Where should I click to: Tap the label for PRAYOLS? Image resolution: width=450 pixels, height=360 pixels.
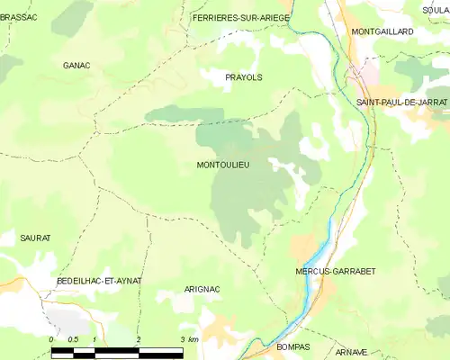[x=243, y=78]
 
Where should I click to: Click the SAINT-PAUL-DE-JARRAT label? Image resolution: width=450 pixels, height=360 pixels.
[x=401, y=103]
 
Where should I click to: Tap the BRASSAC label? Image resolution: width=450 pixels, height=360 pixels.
[x=18, y=17]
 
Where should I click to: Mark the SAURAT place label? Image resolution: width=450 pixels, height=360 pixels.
[x=35, y=238]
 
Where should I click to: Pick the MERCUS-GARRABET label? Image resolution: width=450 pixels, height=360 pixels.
[x=335, y=271]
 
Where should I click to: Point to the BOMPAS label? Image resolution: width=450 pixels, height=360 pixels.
[x=291, y=346]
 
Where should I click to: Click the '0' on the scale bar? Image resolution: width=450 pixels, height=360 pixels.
[x=51, y=338]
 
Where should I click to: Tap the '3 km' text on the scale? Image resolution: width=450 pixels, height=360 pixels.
[x=188, y=338]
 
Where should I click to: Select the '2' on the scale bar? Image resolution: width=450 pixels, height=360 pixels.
[x=139, y=338]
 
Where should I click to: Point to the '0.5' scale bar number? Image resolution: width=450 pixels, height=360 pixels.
[x=73, y=338]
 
